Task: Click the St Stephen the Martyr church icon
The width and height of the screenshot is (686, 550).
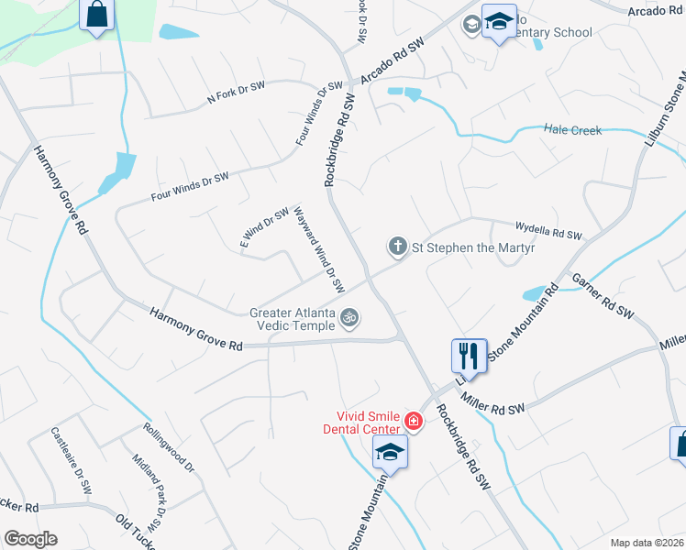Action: [397, 247]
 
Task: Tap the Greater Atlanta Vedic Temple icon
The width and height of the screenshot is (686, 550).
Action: [349, 318]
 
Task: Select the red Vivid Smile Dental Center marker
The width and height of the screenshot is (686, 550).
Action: [413, 422]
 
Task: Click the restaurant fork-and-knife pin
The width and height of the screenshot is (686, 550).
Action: [469, 355]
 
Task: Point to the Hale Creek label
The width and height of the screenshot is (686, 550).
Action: [573, 130]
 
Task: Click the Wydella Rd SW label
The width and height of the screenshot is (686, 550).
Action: [549, 234]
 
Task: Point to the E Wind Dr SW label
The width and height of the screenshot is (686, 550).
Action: [264, 228]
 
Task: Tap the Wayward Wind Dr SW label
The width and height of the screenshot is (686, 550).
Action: [318, 248]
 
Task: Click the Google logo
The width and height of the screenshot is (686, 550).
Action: [30, 539]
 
